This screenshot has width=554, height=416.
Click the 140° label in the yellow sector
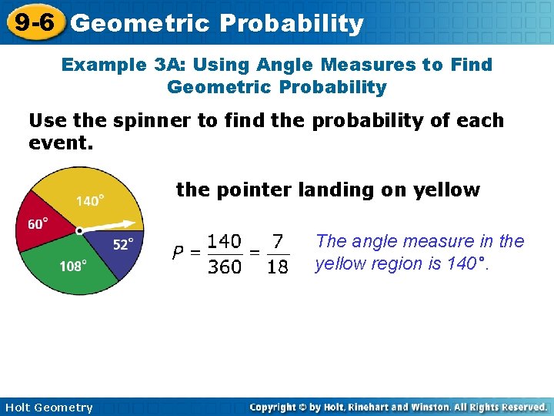(90, 201)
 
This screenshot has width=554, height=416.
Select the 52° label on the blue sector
(123, 245)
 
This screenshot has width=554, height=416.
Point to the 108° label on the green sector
(73, 266)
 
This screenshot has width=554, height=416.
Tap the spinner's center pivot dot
(79, 230)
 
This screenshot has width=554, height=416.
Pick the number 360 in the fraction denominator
(225, 267)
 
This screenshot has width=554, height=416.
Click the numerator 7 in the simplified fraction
(278, 242)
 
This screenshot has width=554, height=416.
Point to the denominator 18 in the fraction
(278, 267)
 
